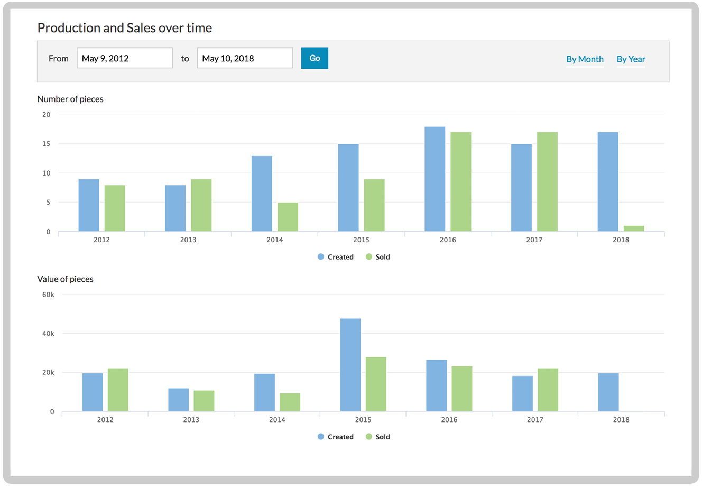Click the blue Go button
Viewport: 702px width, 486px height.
point(315,58)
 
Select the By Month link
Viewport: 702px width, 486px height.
point(585,59)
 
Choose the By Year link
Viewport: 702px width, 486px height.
point(631,59)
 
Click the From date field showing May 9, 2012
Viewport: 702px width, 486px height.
point(125,58)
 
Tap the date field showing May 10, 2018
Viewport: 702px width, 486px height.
point(245,58)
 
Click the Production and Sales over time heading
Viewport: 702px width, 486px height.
point(125,28)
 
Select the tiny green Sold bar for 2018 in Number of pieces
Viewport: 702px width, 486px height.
point(634,228)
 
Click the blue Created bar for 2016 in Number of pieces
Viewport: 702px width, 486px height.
point(435,179)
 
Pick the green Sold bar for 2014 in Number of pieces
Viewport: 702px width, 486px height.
point(288,217)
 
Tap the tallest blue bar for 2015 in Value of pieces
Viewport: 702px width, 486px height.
point(350,365)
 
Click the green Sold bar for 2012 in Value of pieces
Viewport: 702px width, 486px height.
point(118,390)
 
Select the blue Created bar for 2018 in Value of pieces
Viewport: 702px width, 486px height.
point(608,392)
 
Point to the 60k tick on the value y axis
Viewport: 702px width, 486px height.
point(48,295)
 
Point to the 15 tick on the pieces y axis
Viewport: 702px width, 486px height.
point(47,144)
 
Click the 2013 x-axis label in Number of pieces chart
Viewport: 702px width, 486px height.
point(188,240)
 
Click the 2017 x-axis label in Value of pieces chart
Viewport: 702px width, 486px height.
point(535,420)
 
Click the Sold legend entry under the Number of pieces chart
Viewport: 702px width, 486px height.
point(378,257)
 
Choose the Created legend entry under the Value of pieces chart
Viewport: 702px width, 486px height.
point(336,437)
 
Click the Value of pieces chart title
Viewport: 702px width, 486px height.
point(65,279)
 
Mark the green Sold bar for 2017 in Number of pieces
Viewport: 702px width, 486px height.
point(547,182)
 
